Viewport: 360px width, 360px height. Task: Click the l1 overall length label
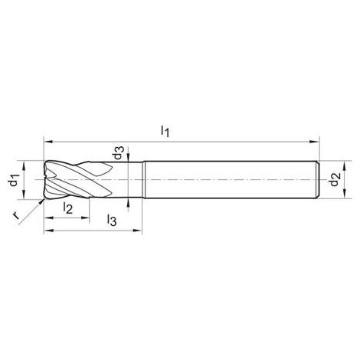165,131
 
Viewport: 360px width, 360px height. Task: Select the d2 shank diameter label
334,179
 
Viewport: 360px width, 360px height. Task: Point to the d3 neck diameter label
119,152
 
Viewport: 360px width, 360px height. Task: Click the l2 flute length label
68,208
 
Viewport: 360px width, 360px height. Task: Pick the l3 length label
112,220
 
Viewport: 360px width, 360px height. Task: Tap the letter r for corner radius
16,215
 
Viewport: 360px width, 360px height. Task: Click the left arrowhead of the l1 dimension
48,142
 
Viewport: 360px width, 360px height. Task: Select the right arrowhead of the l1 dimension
314,142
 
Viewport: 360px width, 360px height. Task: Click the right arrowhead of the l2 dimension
85,218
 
